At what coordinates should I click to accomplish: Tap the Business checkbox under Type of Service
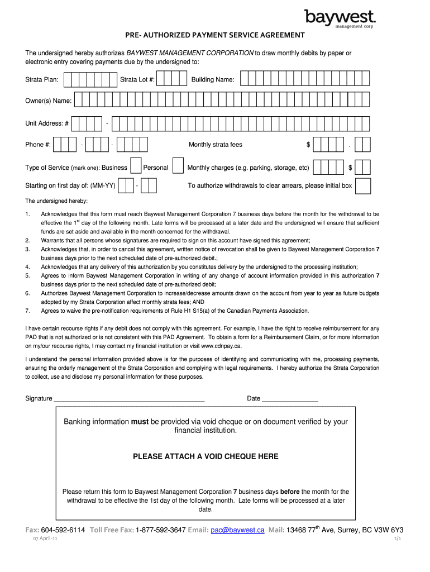(x=136, y=167)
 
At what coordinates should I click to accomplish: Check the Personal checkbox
(x=178, y=167)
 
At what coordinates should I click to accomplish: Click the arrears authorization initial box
(x=363, y=185)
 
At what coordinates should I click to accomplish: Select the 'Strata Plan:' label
(x=42, y=80)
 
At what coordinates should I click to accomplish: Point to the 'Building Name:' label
(x=213, y=80)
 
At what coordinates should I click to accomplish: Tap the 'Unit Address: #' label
(x=47, y=123)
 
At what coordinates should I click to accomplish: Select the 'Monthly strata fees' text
(x=216, y=145)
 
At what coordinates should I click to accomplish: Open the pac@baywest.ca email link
(x=238, y=530)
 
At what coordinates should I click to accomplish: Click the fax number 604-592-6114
(x=63, y=530)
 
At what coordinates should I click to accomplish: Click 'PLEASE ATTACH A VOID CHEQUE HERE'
(x=206, y=456)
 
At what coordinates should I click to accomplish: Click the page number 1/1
(x=398, y=539)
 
